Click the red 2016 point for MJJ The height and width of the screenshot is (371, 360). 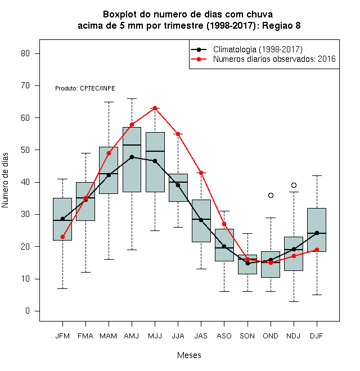(x=155, y=108)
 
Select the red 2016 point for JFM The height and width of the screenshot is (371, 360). (x=62, y=237)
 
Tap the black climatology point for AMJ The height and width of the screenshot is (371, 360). (x=132, y=157)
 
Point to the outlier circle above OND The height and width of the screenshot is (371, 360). (x=271, y=195)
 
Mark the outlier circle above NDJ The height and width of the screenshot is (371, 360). (x=294, y=185)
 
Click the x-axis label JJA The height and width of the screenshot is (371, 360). (x=178, y=336)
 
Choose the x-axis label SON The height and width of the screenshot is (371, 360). (x=247, y=336)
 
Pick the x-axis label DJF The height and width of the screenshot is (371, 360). (x=317, y=336)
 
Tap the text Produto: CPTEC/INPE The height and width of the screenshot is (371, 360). (x=85, y=88)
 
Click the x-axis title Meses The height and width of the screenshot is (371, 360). (x=189, y=355)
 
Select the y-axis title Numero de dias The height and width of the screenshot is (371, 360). (x=5, y=180)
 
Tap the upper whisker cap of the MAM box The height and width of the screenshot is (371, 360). (x=109, y=102)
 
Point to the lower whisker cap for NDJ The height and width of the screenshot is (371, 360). (x=294, y=301)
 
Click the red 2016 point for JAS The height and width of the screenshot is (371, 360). (x=201, y=173)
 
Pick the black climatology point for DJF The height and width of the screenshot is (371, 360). (x=317, y=233)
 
